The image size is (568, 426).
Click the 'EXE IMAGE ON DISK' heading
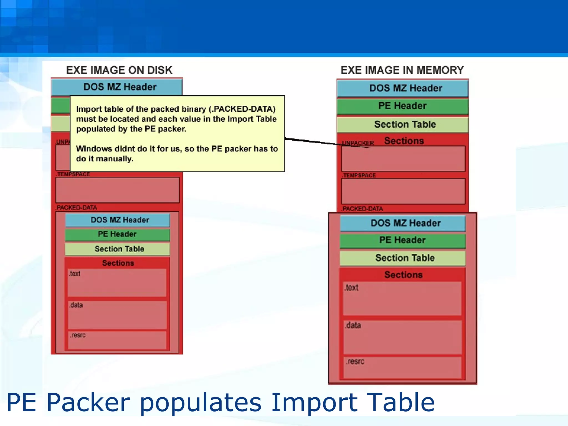click(119, 70)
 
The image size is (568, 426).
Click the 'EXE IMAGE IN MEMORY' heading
click(402, 70)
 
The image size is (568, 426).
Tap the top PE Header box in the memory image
click(402, 106)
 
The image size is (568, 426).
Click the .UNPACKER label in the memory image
click(358, 143)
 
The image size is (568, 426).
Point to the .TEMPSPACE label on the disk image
click(73, 174)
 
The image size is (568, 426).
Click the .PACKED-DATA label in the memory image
click(362, 209)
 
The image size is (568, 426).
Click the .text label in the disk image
click(75, 274)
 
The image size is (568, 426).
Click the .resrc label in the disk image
click(78, 335)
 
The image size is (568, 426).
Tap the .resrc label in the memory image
click(355, 362)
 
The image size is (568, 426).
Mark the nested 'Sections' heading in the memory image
click(404, 275)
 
